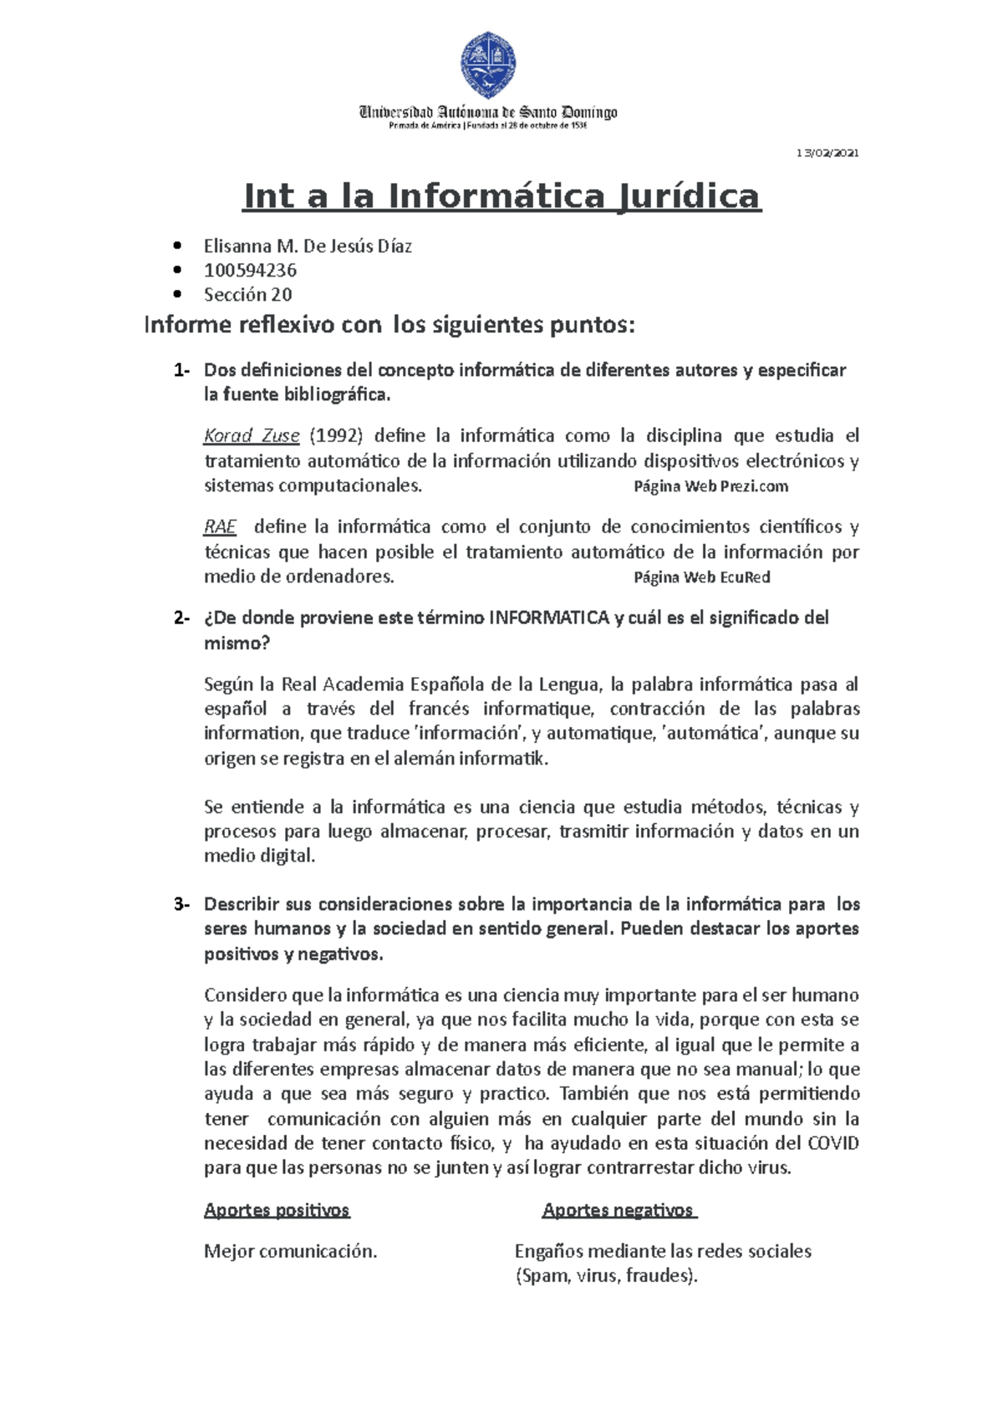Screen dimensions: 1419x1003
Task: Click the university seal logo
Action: [x=489, y=64]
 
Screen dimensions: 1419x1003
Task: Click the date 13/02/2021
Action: [x=827, y=153]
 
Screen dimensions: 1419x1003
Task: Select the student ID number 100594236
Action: [x=250, y=270]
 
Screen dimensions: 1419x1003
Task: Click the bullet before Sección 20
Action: [x=176, y=294]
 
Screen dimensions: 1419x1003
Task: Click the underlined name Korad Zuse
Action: [x=252, y=435]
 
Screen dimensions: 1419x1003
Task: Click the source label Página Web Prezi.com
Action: [x=710, y=486]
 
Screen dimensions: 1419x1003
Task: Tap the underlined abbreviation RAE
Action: [x=221, y=526]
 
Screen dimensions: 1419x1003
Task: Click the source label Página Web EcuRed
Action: [x=701, y=577]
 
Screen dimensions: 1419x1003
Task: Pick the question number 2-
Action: [x=181, y=618]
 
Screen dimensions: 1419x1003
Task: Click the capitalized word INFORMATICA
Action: [x=548, y=618]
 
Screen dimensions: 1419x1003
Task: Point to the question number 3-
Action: [x=181, y=904]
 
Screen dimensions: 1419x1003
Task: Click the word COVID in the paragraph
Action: [x=832, y=1143]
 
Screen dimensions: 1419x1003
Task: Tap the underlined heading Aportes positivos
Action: [x=277, y=1210]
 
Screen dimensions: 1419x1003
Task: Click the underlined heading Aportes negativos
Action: [x=618, y=1210]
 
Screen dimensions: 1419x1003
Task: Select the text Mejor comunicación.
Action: [x=291, y=1251]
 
